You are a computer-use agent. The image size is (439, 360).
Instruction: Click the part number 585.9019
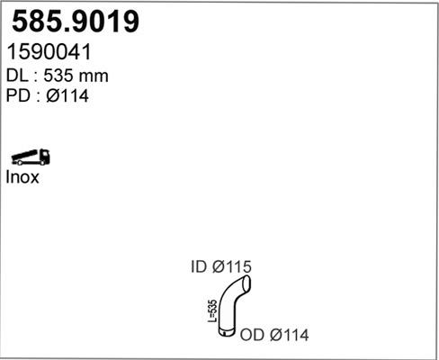76,22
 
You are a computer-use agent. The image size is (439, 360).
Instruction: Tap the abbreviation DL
19,75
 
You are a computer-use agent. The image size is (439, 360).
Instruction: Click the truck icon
31,157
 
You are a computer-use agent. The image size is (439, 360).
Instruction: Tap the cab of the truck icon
44,157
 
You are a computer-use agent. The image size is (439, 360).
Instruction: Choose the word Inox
24,177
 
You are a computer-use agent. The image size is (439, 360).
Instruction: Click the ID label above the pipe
199,267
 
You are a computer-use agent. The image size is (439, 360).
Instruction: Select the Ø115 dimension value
231,267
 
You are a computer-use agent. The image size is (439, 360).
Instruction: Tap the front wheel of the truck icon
45,162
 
